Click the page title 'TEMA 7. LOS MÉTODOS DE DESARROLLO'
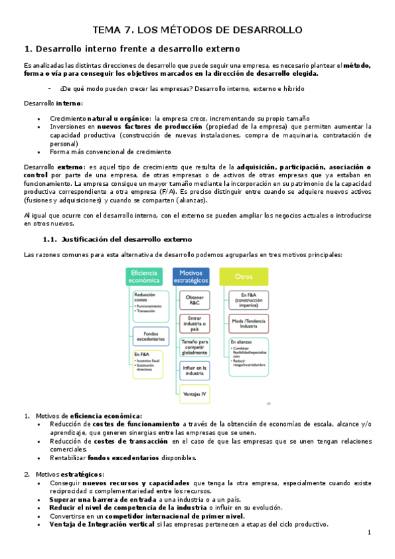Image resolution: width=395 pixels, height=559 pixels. pyautogui.click(x=197, y=30)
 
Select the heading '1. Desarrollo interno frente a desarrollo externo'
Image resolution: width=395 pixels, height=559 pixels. pyautogui.click(x=132, y=49)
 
